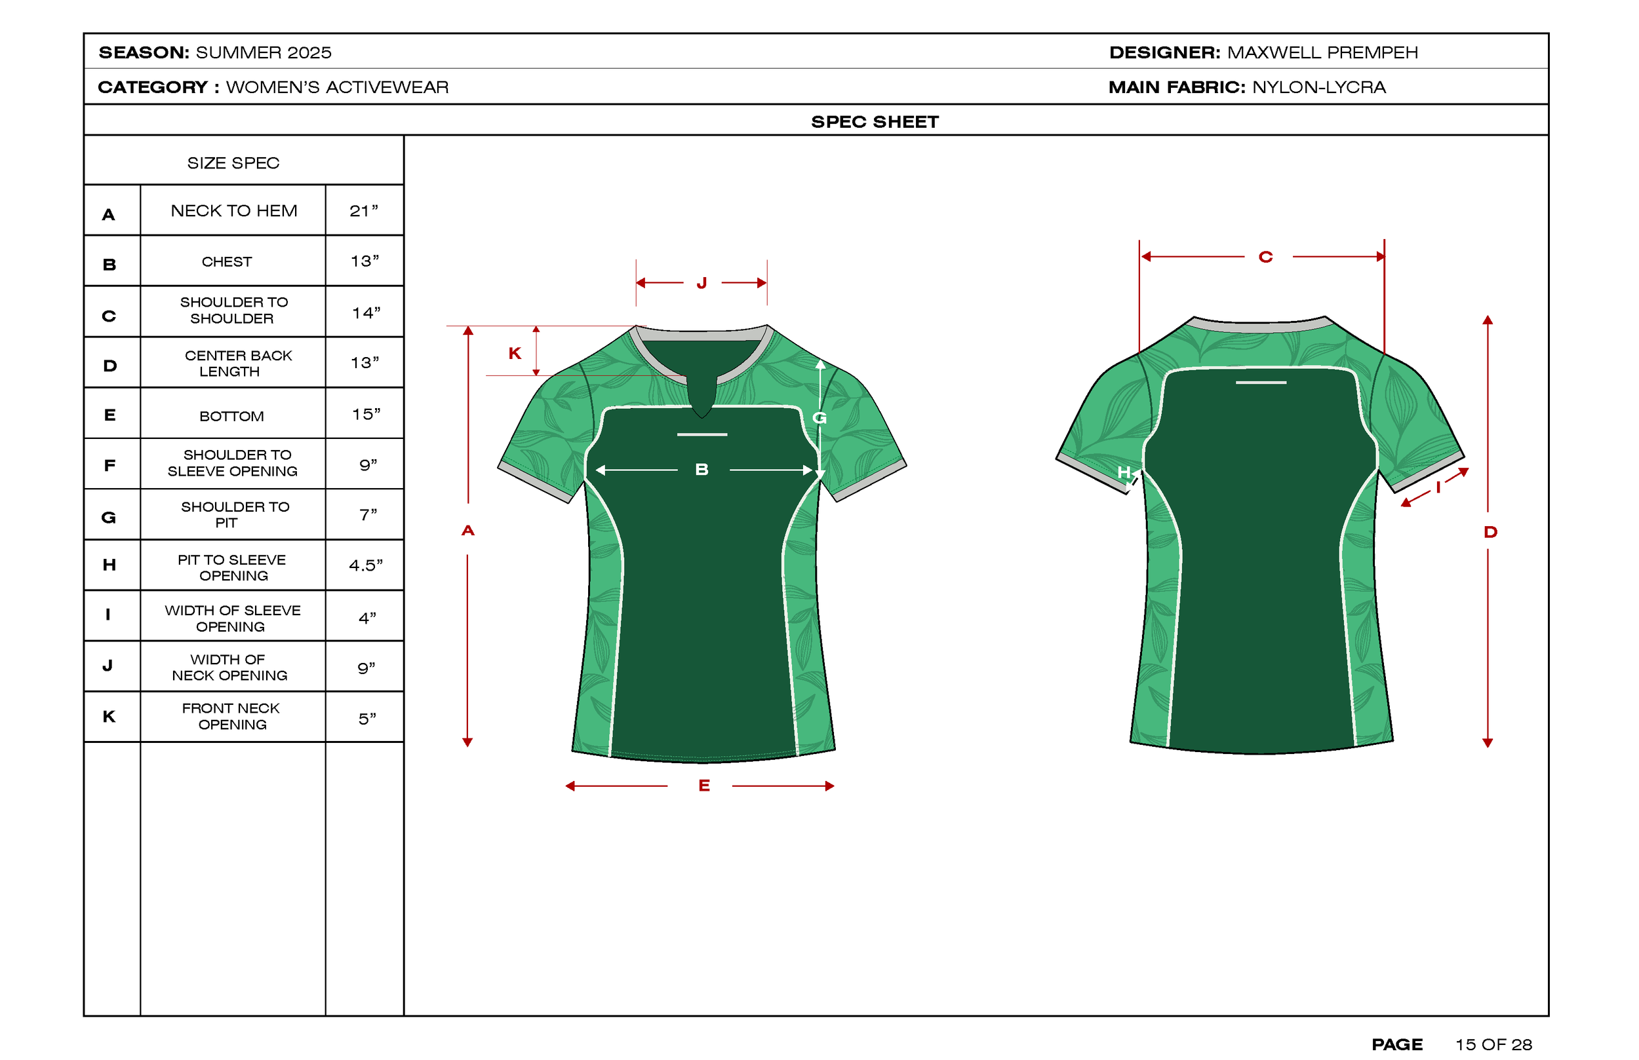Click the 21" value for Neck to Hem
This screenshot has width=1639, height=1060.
tap(364, 210)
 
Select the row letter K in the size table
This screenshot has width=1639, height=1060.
tap(109, 717)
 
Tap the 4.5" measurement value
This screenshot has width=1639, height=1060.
tap(365, 565)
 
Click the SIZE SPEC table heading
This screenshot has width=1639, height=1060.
tap(233, 163)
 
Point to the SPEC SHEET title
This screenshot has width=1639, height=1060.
tap(875, 122)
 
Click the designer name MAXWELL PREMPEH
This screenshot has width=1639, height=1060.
tap(1322, 52)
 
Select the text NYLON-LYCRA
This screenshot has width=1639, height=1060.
tap(1319, 87)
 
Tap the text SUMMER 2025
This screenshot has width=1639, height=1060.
tap(263, 52)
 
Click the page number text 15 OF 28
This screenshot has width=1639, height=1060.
tap(1493, 1044)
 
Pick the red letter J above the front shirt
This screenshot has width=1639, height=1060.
tap(701, 283)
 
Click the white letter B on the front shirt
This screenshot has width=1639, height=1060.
tap(701, 470)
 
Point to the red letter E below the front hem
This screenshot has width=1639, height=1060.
tap(704, 786)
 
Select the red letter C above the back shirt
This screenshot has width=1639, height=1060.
tap(1266, 257)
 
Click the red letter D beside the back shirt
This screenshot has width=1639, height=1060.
tap(1490, 531)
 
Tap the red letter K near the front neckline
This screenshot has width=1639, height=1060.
tap(515, 353)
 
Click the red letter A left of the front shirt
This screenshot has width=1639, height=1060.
tap(468, 530)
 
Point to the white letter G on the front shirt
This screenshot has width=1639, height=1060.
tap(819, 418)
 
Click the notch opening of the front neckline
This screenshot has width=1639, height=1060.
tap(701, 396)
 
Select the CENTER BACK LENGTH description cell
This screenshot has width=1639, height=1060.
tap(237, 364)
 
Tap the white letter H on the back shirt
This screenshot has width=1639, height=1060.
tap(1124, 472)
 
